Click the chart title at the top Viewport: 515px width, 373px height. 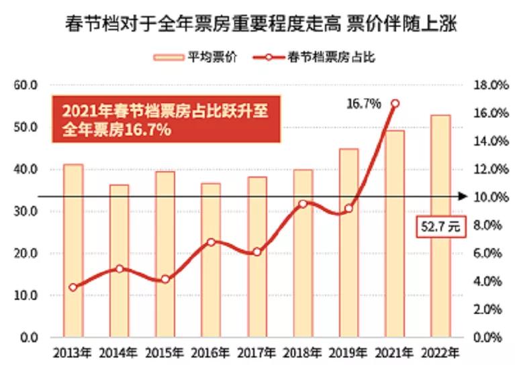click(257, 26)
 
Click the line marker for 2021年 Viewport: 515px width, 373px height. click(395, 103)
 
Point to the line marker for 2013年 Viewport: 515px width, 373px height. click(73, 287)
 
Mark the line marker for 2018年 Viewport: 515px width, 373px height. click(303, 203)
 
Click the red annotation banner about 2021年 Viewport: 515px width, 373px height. click(165, 119)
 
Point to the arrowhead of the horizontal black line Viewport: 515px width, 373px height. click(463, 197)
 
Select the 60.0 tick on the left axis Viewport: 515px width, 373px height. click(29, 85)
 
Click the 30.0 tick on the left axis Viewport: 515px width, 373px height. click(29, 211)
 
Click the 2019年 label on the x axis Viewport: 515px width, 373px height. click(348, 352)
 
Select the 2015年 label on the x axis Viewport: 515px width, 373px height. click(165, 352)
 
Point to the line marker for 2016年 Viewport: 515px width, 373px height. click(211, 242)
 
